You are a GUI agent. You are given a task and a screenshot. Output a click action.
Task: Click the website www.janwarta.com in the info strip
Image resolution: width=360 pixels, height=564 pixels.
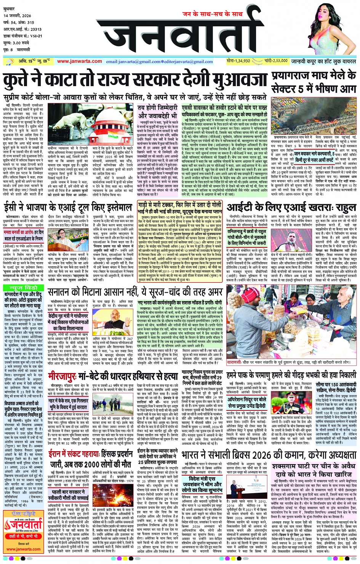pyautogui.click(x=79, y=61)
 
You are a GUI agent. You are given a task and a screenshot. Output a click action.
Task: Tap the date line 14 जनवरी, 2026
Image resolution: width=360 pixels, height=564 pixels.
pyautogui.click(x=18, y=16)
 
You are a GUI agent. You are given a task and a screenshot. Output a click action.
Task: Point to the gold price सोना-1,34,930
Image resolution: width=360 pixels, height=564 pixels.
pyautogui.click(x=238, y=61)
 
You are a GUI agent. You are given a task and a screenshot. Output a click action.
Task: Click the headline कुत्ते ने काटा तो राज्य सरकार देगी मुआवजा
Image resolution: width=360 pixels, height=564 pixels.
pyautogui.click(x=135, y=81)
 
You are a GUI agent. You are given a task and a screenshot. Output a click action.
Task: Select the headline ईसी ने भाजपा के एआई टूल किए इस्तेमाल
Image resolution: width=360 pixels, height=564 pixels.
pyautogui.click(x=68, y=208)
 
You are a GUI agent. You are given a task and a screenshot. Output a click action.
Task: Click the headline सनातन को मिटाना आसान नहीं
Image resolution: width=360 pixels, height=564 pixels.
pyautogui.click(x=135, y=292)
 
